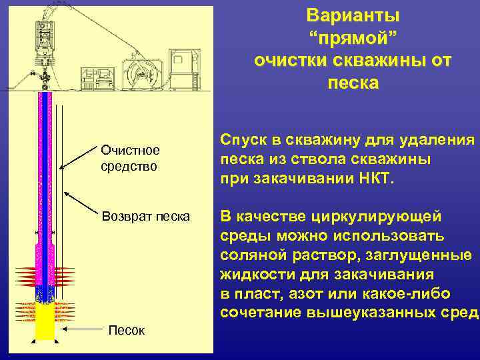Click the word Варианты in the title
click(353, 15)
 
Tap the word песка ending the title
click(353, 83)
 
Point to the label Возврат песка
click(145, 217)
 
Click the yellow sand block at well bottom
click(45, 321)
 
